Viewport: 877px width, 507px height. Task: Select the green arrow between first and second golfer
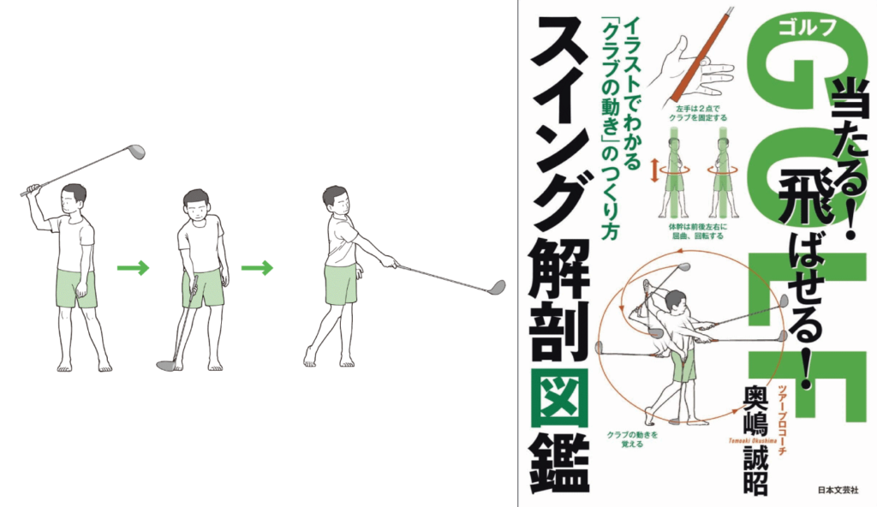[133, 268]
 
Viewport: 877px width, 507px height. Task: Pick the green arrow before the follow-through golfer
[257, 268]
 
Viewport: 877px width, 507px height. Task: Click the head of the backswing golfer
[75, 199]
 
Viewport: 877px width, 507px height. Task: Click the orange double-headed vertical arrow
[653, 170]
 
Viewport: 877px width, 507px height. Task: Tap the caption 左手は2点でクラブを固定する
[696, 114]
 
